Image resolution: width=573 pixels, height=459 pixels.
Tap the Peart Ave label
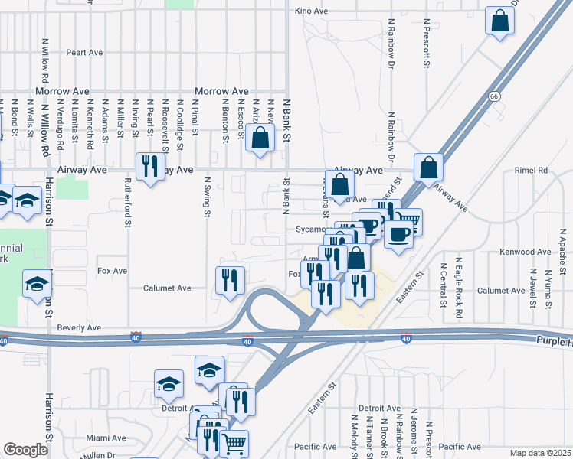click(84, 53)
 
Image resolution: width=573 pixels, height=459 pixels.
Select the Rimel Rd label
click(531, 170)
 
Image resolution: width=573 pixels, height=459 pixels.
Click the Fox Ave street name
click(112, 271)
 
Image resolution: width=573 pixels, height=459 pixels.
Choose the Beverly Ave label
click(78, 327)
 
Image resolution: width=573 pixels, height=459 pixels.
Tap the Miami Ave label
click(106, 438)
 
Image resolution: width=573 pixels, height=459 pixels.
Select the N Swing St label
click(207, 196)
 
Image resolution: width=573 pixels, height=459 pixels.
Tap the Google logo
click(26, 450)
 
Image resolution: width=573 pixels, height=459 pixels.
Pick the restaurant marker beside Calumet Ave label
click(230, 281)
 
